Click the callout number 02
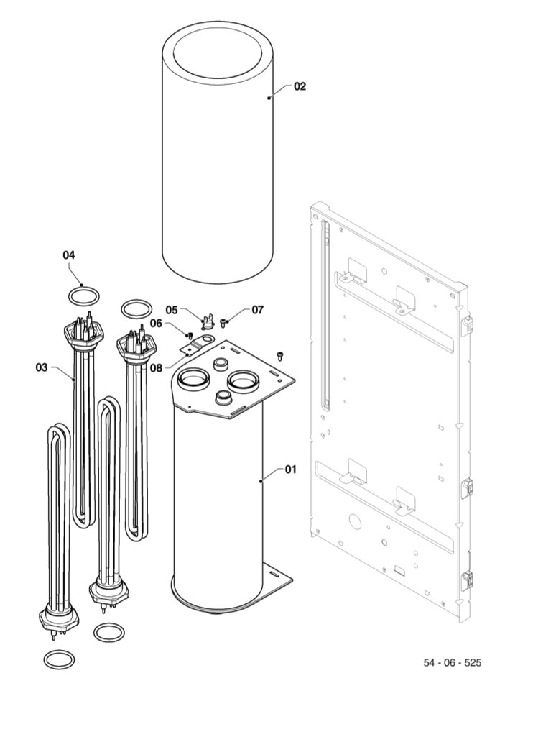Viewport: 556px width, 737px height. [x=300, y=86]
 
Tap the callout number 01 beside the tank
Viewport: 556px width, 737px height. [x=290, y=470]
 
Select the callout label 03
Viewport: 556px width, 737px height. [x=41, y=367]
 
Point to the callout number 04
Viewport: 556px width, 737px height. [x=69, y=255]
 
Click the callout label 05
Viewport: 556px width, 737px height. [x=172, y=309]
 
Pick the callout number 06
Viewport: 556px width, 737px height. [x=156, y=323]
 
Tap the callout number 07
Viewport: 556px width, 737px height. [x=257, y=310]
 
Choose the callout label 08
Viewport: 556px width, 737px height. [x=155, y=367]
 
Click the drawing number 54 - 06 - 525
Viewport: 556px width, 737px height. [x=452, y=662]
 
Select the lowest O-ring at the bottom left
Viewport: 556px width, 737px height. [x=59, y=658]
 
